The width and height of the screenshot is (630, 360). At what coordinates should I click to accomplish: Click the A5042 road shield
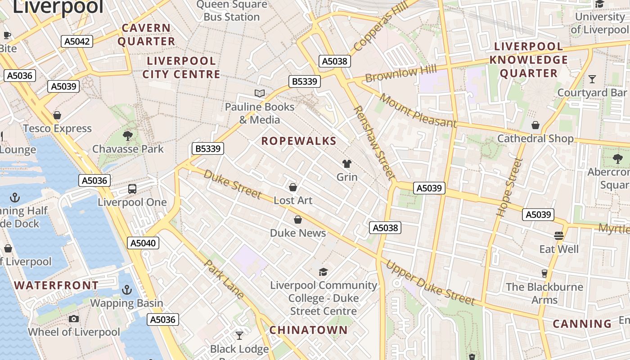pos(77,41)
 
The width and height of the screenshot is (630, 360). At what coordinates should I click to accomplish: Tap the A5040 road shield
pos(143,243)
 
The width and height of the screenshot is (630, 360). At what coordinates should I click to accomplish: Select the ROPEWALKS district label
pos(299,141)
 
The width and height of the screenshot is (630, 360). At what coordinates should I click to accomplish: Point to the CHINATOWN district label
pos(309,330)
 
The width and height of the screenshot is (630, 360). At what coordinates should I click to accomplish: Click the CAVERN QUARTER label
pos(146,35)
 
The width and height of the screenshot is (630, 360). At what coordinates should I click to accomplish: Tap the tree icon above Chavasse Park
pos(128,135)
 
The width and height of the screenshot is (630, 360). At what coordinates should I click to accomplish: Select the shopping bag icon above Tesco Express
pos(57,115)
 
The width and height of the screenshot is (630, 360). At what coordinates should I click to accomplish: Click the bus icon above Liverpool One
pos(132,189)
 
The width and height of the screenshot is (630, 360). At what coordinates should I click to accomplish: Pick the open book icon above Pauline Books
pos(260,94)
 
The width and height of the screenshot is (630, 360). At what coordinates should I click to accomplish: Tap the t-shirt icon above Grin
pos(347,164)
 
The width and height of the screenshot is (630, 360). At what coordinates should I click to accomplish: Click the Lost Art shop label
pos(293,200)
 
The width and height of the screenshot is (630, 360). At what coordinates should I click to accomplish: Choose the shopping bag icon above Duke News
pos(297,220)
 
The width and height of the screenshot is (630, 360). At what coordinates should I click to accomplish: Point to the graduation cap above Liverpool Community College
pos(323,272)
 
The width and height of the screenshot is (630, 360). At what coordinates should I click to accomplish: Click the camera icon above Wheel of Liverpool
pos(74,319)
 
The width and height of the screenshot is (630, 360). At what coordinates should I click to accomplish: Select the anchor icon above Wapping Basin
pos(127,290)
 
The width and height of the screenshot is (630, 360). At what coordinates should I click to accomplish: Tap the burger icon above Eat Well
pos(559,236)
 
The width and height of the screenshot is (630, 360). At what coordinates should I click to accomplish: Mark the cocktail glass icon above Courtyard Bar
pos(592,79)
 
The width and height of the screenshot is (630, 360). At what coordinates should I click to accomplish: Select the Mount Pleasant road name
pos(418,110)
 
